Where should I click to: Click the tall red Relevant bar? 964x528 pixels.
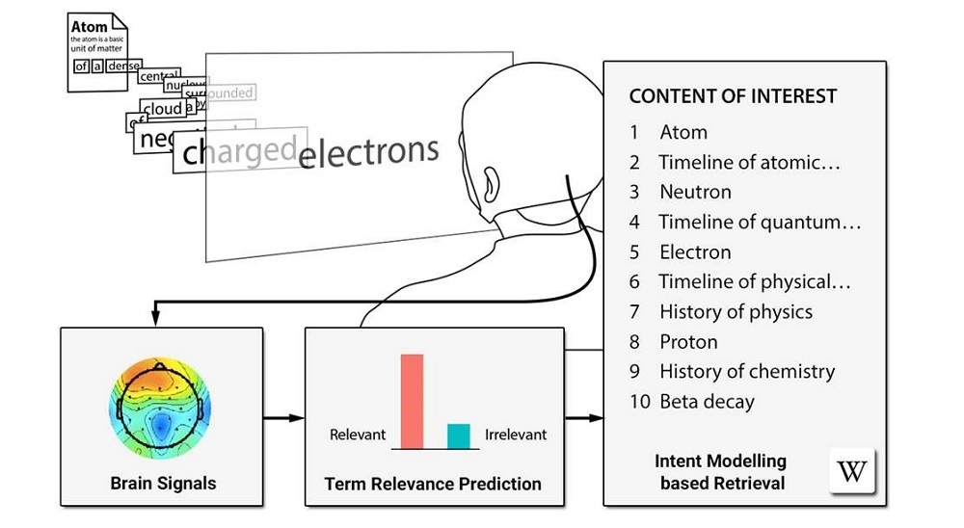click(x=412, y=401)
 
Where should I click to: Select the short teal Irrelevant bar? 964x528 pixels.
click(x=459, y=436)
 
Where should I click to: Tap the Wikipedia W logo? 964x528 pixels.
click(x=851, y=471)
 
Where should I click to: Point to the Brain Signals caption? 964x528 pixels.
click(x=162, y=483)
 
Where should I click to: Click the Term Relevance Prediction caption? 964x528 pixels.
click(x=433, y=483)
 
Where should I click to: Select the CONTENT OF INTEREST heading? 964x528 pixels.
click(x=733, y=96)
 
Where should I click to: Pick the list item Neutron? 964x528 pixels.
click(x=695, y=192)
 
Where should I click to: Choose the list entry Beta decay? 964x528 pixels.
click(x=707, y=402)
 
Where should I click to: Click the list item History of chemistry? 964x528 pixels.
click(x=747, y=371)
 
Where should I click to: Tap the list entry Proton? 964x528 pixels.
click(x=688, y=341)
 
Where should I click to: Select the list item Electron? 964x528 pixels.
click(x=695, y=252)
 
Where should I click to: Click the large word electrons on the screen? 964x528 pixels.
click(x=369, y=150)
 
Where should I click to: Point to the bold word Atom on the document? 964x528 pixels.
click(x=89, y=27)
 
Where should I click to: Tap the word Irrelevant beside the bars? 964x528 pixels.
click(x=515, y=435)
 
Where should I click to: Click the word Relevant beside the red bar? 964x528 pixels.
click(x=358, y=435)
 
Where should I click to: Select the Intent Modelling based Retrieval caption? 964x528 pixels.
click(x=721, y=472)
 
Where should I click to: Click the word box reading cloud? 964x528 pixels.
click(x=161, y=109)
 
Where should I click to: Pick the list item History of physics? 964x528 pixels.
click(x=736, y=311)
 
